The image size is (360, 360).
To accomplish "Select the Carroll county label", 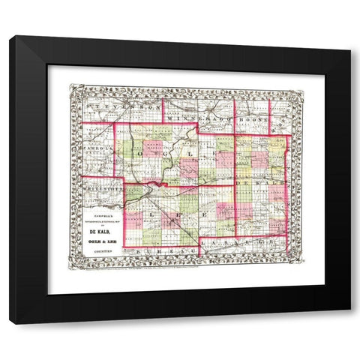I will pyautogui.click(x=97, y=148).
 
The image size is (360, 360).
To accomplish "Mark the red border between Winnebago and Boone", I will pyautogui.click(x=235, y=112).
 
